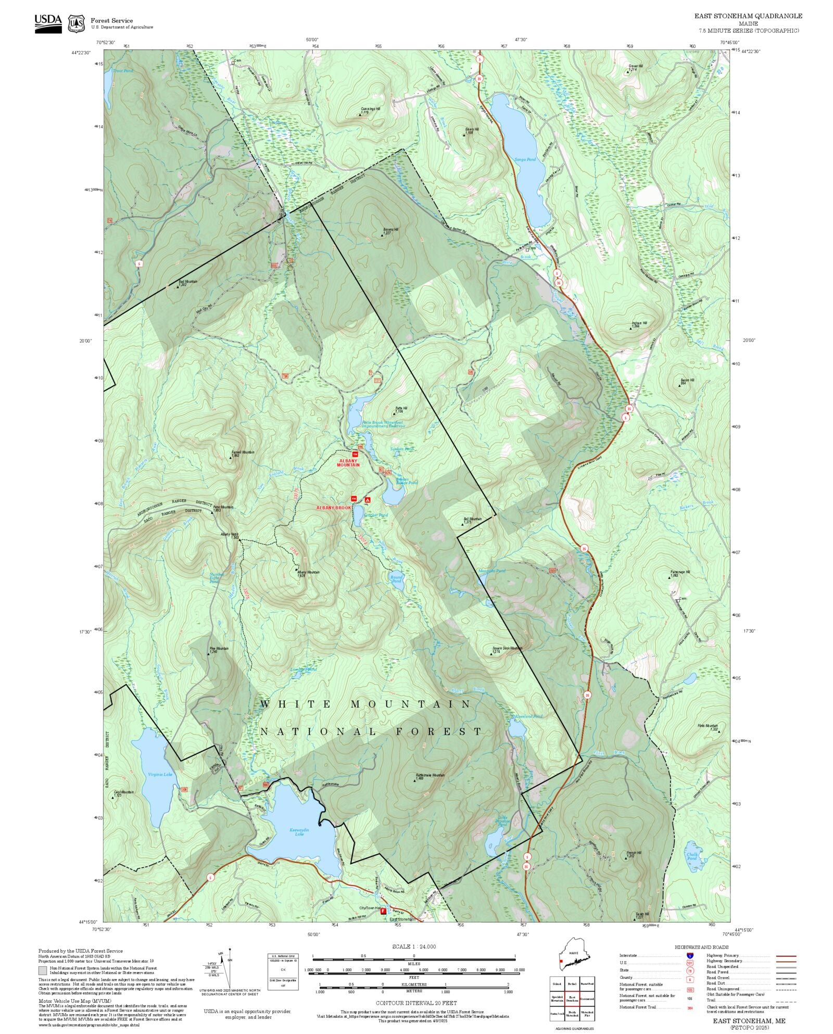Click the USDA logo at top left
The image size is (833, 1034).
(x=48, y=23)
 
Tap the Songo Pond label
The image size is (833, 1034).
(x=525, y=159)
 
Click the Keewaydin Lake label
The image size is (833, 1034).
(x=296, y=832)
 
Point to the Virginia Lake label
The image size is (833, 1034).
(x=160, y=774)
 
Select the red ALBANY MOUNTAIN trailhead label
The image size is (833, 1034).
(x=348, y=463)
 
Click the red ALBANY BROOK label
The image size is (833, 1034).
(x=334, y=507)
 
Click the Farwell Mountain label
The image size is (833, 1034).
(x=243, y=452)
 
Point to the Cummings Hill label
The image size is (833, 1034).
(x=371, y=109)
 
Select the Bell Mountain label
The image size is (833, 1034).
(x=472, y=519)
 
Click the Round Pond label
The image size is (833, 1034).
(x=396, y=578)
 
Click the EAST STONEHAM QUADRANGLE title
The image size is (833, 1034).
(x=748, y=16)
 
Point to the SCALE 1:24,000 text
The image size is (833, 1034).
(x=414, y=947)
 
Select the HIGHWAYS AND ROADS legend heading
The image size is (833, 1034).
(x=701, y=947)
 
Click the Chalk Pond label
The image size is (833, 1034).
(x=691, y=856)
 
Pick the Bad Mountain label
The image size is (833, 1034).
(x=188, y=282)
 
